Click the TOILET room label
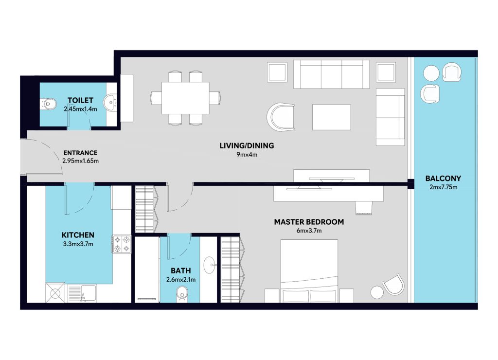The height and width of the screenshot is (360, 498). coord(80,100)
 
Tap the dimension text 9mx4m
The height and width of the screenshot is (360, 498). coord(247,155)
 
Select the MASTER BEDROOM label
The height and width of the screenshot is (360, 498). coord(309,222)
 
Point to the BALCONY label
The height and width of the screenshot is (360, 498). coord(444,178)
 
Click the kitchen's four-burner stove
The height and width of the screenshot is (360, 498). coord(122,244)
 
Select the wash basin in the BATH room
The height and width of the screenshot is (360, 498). coord(210,265)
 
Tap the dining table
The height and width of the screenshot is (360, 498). coord(185,98)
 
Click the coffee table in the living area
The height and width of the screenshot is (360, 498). coord(332,117)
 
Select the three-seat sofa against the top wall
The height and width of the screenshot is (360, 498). coord(332,74)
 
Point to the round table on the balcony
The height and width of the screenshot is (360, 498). coord(431,73)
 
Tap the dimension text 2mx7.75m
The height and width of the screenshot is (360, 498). coord(444,187)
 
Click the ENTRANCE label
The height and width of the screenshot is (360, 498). coord(80,153)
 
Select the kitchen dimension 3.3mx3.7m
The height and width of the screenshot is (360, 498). coord(78,244)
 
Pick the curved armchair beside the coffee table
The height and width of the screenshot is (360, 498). coord(281,117)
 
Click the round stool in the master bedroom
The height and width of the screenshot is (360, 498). coord(377,292)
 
